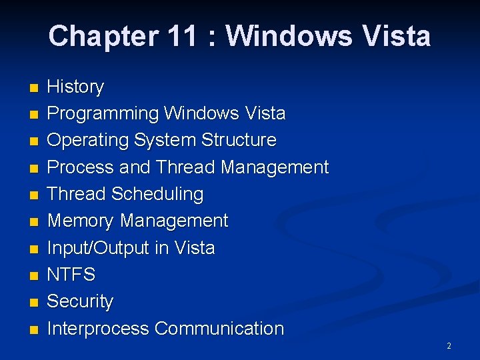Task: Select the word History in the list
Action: coord(75,87)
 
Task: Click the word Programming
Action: coord(103,114)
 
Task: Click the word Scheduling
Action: coord(157,194)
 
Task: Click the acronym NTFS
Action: coord(71,275)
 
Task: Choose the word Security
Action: coord(80,301)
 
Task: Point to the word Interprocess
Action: coord(98,329)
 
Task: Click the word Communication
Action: coord(219,329)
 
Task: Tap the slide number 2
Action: coord(449,346)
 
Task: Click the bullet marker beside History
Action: coord(35,88)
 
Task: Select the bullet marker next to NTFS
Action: coord(35,275)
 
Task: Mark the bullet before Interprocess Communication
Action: coord(35,329)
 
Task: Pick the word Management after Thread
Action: coord(275,167)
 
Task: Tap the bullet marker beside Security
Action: coord(35,303)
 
